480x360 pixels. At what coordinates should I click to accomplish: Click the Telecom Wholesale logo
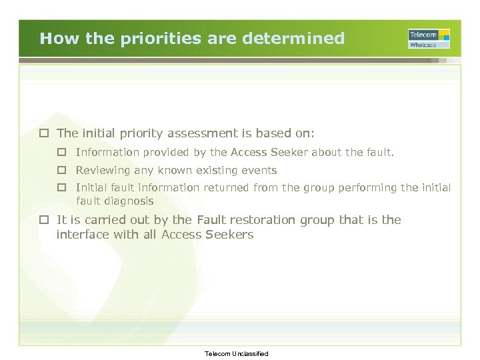429,39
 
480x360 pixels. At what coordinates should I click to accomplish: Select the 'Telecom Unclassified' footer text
237,353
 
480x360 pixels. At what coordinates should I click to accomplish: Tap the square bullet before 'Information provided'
62,153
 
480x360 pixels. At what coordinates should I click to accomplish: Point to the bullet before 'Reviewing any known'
62,170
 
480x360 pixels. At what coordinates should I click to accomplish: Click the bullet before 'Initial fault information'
62,187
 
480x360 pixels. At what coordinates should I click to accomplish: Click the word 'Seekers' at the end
230,235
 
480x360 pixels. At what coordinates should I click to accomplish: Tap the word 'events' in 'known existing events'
259,170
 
